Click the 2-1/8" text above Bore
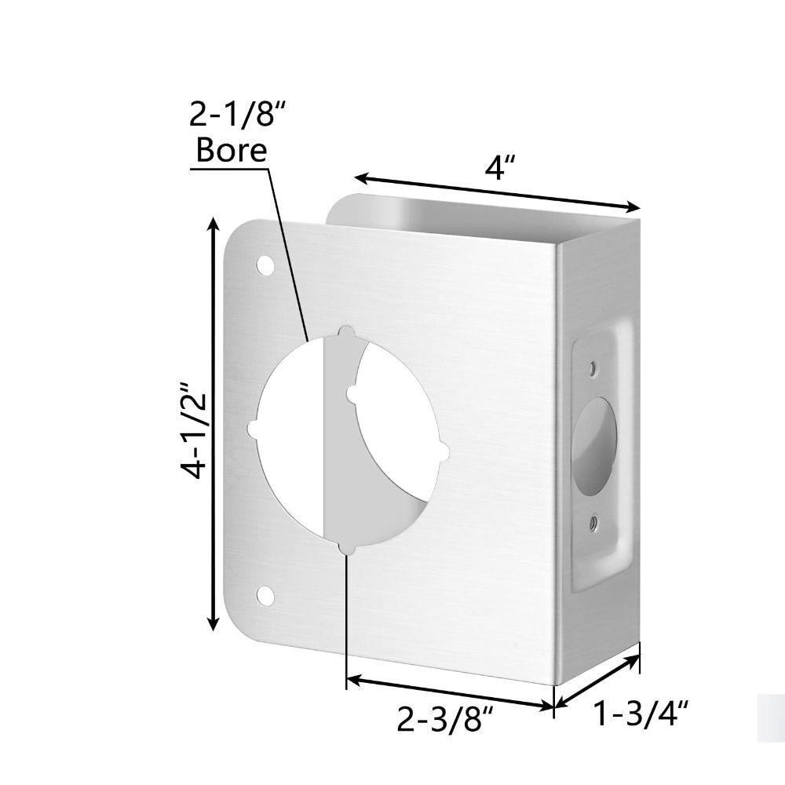coord(236,117)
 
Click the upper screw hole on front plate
coord(267,265)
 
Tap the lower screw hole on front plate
coord(267,596)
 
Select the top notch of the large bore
coord(345,332)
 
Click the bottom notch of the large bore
coord(345,547)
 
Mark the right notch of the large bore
coord(444,452)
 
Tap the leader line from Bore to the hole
coord(289,251)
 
